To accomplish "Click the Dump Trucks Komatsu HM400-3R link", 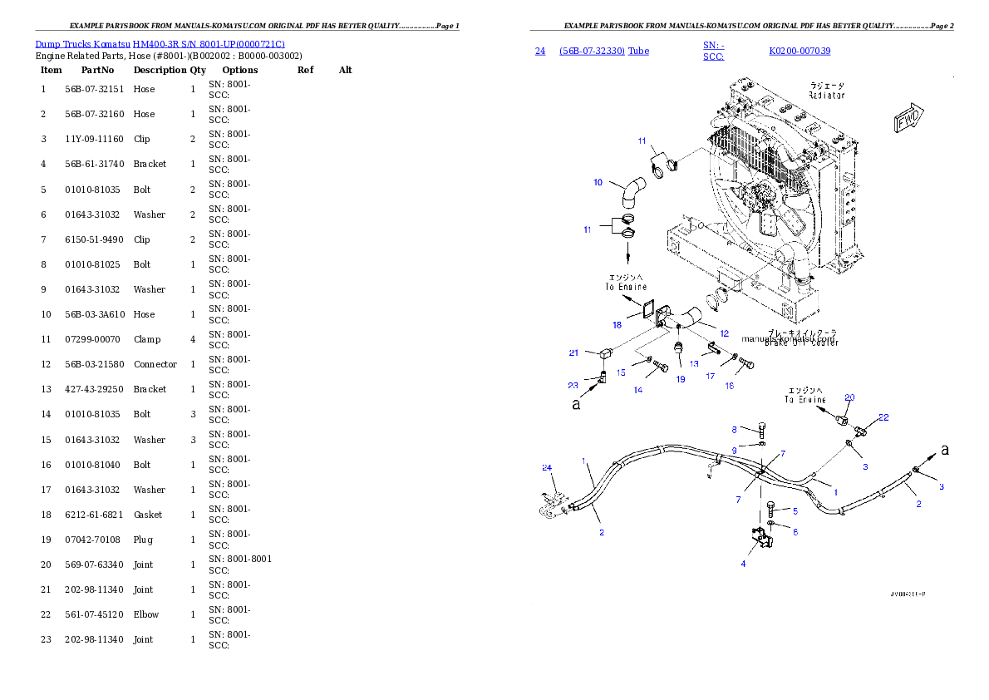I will (160, 43).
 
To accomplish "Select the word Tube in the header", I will (638, 51).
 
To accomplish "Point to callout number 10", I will (598, 182).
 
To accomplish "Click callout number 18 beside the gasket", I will (617, 325).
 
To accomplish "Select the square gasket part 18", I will (642, 311).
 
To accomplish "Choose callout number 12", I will (724, 333).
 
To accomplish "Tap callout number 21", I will (573, 352).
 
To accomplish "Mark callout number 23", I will (573, 385).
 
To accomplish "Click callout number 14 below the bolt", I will (638, 390).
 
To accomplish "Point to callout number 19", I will (680, 379).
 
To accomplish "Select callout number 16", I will (730, 386).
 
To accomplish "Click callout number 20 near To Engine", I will (849, 397).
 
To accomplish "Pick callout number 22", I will (883, 417).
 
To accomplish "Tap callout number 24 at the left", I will (547, 467).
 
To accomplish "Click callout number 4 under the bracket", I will (743, 564).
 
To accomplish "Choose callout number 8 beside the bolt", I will (734, 429).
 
